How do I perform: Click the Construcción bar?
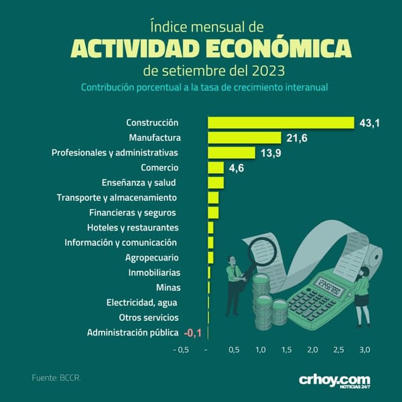click(281, 123)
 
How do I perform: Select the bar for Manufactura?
click(245, 137)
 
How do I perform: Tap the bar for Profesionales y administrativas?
click(232, 153)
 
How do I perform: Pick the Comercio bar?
click(216, 167)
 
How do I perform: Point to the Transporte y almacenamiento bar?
click(213, 198)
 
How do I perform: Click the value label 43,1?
click(369, 123)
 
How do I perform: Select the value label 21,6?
click(297, 138)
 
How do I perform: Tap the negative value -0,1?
click(193, 333)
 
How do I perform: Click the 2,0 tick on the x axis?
click(312, 350)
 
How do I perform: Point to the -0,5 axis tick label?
click(182, 350)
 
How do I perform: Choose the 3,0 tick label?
click(364, 350)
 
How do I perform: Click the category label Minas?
click(168, 287)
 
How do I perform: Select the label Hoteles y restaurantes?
click(133, 228)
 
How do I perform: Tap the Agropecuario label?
click(152, 258)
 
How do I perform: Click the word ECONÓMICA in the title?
click(279, 48)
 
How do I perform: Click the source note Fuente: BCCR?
click(56, 378)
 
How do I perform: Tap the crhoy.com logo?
click(334, 381)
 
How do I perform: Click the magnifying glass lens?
click(263, 251)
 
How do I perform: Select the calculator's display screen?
click(330, 286)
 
